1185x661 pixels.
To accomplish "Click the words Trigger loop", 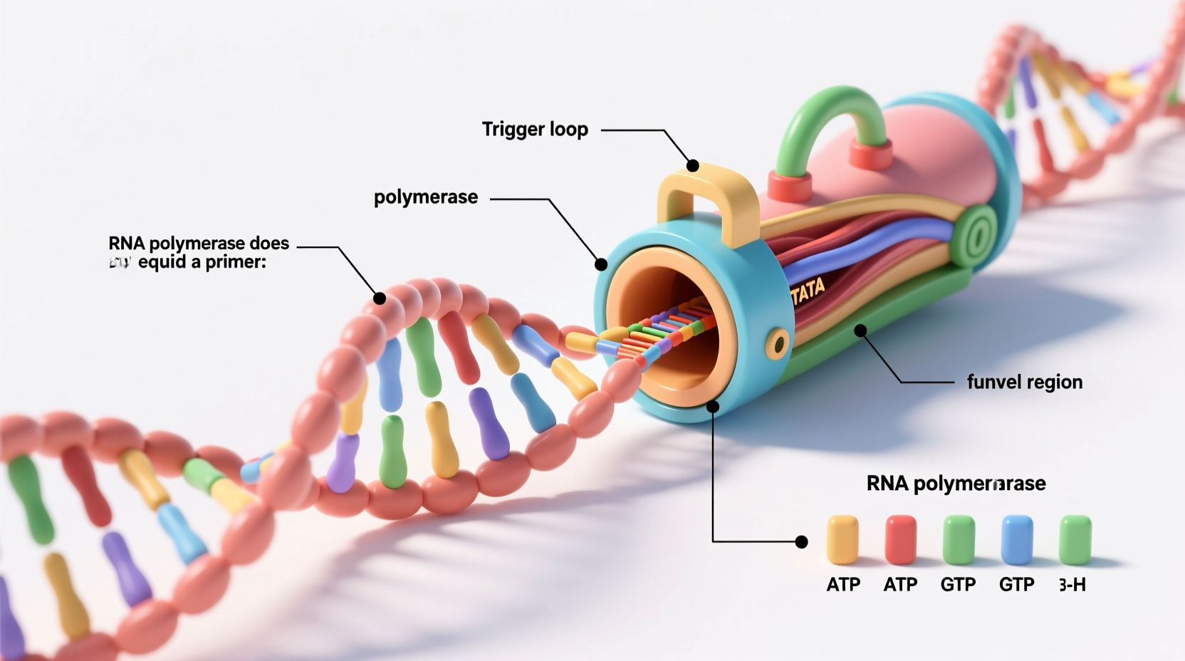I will click(x=535, y=130).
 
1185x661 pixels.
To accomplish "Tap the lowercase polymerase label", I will click(x=426, y=197).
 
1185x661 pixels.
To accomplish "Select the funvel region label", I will click(x=1024, y=382).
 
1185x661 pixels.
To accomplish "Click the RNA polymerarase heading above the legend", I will click(x=956, y=484).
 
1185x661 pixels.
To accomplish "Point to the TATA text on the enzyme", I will click(x=808, y=291).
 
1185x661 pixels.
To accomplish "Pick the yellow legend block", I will click(x=842, y=540).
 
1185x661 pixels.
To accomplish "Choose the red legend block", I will click(x=900, y=540).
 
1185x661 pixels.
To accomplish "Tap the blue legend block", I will click(x=1016, y=540).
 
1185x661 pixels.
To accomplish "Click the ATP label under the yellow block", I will click(x=843, y=585).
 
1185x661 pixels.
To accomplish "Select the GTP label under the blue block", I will click(x=1016, y=585).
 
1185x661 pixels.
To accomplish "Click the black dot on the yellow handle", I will click(x=692, y=166).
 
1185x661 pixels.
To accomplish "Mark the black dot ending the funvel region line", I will click(x=860, y=330).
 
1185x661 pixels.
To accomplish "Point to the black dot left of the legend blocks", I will click(x=801, y=542).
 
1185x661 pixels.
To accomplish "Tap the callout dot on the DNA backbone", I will click(x=380, y=298).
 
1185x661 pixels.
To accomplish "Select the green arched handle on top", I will click(x=830, y=118).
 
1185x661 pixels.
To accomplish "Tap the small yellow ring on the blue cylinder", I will click(x=778, y=345).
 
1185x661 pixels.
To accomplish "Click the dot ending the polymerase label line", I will click(x=601, y=265).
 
